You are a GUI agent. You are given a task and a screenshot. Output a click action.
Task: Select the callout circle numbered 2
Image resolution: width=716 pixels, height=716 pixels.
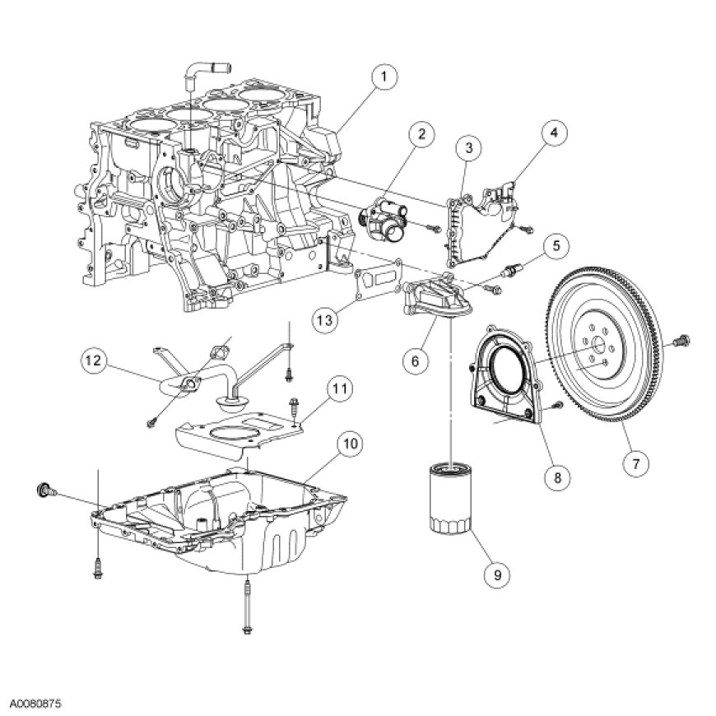421,134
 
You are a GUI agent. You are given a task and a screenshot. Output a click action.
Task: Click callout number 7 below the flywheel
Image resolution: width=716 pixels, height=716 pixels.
635,463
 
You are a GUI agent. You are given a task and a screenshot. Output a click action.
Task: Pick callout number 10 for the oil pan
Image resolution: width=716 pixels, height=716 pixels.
350,444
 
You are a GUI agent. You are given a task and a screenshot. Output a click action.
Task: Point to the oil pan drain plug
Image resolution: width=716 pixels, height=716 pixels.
44,491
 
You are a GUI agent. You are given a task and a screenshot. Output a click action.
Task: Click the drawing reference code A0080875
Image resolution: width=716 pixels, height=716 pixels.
36,705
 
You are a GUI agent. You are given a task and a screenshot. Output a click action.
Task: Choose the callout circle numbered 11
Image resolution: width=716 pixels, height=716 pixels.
337,387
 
